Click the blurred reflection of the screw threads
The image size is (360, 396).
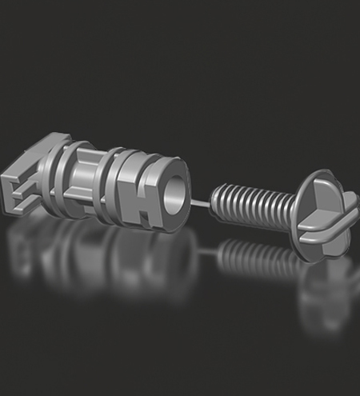pos(248,256)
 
